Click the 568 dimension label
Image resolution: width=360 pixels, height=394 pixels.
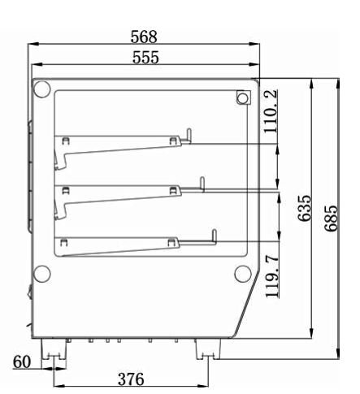click(144, 37)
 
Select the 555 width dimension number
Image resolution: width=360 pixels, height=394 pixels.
click(145, 57)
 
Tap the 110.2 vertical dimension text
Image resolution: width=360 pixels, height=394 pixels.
click(271, 111)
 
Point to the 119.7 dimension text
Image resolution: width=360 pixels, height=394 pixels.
click(272, 276)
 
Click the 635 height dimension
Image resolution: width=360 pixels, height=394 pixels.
click(305, 208)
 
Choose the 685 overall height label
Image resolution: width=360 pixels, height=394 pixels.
click(331, 219)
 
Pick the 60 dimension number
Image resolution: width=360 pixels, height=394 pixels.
click(22, 362)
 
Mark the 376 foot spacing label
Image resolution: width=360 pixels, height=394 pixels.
click(131, 379)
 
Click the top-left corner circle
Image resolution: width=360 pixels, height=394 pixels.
click(41, 89)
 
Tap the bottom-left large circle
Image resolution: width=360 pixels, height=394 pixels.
click(41, 274)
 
